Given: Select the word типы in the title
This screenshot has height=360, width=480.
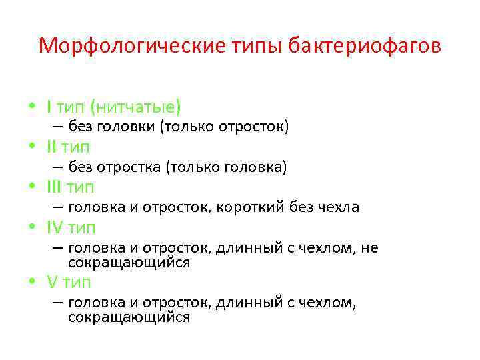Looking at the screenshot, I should click(253, 46).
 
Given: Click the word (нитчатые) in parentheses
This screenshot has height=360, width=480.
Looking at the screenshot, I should click(136, 107).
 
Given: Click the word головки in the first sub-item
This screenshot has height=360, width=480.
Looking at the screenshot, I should click(129, 127).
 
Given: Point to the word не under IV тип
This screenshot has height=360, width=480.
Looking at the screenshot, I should click(369, 248).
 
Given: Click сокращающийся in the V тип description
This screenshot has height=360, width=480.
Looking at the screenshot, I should click(129, 317).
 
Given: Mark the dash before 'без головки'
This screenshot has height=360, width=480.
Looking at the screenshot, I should click(58, 127).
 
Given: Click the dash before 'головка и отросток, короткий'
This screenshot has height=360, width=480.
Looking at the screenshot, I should click(58, 207).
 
